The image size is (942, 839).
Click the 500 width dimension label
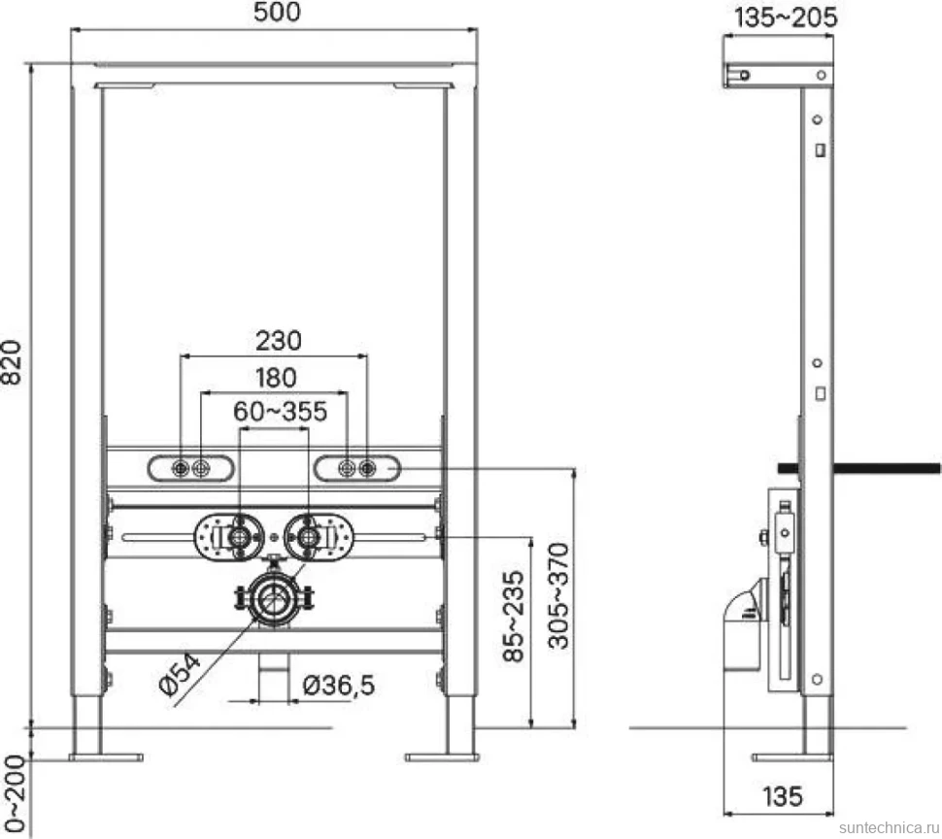(277, 12)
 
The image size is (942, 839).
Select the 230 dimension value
(278, 341)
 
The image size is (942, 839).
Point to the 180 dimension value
(276, 378)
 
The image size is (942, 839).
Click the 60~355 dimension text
(280, 412)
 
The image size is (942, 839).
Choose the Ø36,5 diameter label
(339, 686)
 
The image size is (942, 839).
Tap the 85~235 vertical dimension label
(514, 617)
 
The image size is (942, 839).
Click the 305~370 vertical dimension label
(558, 596)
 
